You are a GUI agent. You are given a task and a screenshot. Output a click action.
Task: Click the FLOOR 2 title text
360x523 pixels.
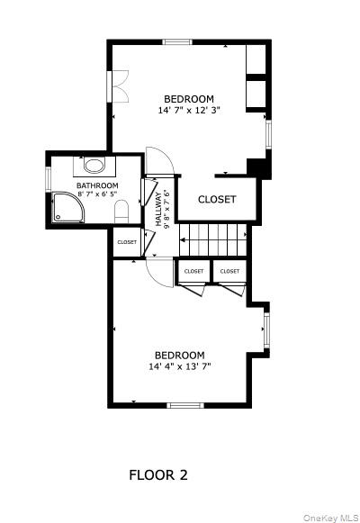158,474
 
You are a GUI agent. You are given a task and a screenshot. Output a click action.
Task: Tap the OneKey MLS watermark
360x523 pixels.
330,518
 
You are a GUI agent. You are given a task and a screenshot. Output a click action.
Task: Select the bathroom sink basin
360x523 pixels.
94,166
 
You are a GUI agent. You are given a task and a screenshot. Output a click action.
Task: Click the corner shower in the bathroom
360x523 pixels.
68,207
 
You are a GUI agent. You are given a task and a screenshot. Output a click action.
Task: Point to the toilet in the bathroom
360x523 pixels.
121,212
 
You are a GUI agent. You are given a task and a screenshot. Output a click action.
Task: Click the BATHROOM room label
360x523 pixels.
97,185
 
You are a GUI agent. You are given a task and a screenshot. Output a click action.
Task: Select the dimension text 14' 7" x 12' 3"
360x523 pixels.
189,110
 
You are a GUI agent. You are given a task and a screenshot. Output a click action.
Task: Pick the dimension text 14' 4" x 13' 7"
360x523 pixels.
180,366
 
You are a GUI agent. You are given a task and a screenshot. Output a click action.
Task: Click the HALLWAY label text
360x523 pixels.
158,210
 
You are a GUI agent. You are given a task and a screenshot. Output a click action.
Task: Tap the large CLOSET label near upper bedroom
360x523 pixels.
217,200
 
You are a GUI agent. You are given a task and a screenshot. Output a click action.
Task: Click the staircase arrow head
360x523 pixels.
182,239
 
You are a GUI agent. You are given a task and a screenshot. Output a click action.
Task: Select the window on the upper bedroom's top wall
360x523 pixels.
177,42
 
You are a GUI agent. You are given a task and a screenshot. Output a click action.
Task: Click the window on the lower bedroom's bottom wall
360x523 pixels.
185,406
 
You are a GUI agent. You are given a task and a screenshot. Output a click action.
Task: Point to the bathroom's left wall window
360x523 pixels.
49,179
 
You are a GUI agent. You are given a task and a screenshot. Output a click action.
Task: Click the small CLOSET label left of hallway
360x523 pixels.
127,242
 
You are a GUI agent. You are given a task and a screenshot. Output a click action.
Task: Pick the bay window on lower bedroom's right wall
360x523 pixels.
266,329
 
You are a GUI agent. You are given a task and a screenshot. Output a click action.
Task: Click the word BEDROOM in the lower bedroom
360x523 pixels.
180,356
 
